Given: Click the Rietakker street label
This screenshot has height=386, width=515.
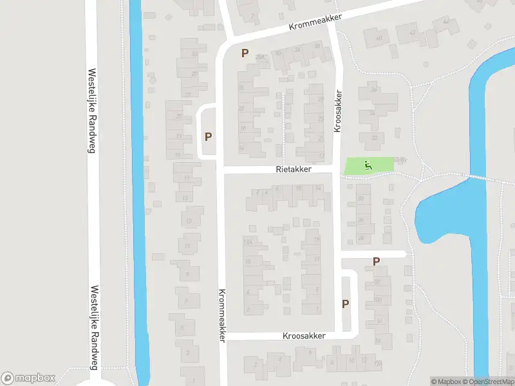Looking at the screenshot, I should (293, 169).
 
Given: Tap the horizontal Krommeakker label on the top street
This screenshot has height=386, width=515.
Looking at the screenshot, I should (315, 23).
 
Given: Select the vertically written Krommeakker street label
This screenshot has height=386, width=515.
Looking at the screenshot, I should (221, 315).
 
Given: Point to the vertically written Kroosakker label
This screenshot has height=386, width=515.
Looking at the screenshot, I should (337, 111).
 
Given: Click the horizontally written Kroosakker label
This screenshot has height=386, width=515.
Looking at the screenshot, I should (304, 336).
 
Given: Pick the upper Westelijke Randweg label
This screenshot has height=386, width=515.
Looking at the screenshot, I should (91, 111).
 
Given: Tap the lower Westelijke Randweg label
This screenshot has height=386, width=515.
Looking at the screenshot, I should (95, 328).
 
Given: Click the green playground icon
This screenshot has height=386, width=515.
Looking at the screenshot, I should (368, 165).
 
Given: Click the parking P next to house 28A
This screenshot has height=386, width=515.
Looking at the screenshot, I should (245, 53).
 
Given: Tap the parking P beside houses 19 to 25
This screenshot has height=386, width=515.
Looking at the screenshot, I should (208, 136).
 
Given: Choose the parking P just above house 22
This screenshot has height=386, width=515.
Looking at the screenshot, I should (376, 261).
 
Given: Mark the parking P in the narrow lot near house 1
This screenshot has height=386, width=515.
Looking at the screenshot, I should (345, 304).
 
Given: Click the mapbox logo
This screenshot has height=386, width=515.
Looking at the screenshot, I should (28, 378).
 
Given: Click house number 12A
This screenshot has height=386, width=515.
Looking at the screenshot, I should (247, 241).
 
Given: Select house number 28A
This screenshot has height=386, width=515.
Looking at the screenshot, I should (260, 57).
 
